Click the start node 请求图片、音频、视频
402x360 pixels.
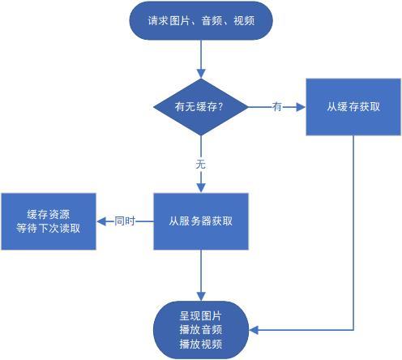[201, 20]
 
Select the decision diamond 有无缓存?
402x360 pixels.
[201, 107]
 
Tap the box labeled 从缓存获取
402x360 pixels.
[353, 107]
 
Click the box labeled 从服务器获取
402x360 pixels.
[201, 221]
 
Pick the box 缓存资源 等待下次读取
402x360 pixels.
[49, 221]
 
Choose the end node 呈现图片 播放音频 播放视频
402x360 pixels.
[201, 330]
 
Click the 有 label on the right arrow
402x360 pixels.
[277, 107]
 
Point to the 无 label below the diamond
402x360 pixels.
[201, 164]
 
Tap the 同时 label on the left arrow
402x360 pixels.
[125, 221]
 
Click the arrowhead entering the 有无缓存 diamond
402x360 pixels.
[201, 74]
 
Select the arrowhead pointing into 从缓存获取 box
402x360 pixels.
[301, 107]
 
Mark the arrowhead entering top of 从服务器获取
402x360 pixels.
[201, 188]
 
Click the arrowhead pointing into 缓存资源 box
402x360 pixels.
[101, 221]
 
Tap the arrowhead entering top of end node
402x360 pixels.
[201, 296]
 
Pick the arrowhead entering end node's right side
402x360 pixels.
[254, 330]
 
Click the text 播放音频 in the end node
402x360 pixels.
[201, 330]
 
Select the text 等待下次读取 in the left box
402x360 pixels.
[49, 229]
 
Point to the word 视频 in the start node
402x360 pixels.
[244, 21]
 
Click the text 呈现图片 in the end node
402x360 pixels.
[201, 315]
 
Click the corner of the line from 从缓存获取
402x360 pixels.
[353, 330]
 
